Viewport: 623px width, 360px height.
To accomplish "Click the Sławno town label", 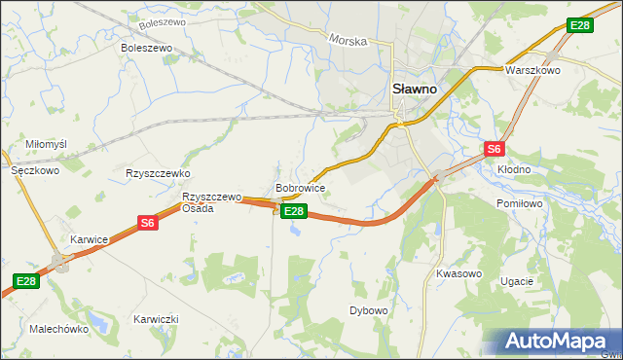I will coord(414,87).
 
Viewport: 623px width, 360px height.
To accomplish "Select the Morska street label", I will coord(348,41).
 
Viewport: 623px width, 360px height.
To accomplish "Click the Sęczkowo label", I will coord(35,169).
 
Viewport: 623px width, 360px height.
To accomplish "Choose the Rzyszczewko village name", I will coord(157,173).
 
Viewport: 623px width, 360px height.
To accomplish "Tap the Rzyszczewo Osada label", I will coord(211,201).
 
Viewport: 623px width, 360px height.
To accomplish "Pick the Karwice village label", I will coord(89,238).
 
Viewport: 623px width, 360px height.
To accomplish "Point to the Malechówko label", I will coord(59,329).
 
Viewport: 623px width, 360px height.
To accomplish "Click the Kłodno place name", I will coord(514,169).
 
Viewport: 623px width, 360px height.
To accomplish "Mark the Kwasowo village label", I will coord(458,273).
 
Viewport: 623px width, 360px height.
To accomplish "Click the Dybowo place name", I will coord(369,310).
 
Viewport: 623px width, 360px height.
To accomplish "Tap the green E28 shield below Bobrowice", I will coord(295,211).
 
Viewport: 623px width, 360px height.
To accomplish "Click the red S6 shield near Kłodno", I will coord(495,149).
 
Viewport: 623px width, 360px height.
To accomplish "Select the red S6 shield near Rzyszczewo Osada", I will coord(147,223).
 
